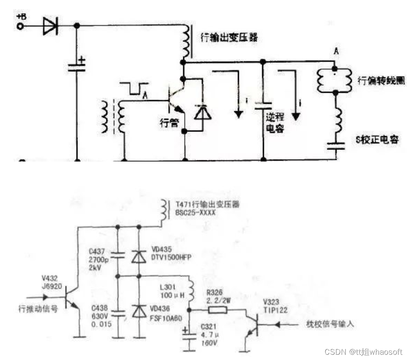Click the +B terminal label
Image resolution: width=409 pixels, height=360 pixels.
tap(21, 16)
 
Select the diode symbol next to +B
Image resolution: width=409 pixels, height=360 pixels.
tap(50, 26)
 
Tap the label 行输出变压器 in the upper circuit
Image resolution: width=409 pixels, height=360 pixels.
tap(228, 38)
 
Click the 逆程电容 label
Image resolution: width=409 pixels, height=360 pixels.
tap(275, 124)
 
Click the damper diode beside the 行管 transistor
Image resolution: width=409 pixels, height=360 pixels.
tap(203, 113)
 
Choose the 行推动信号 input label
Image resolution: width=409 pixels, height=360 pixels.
tap(38, 308)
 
